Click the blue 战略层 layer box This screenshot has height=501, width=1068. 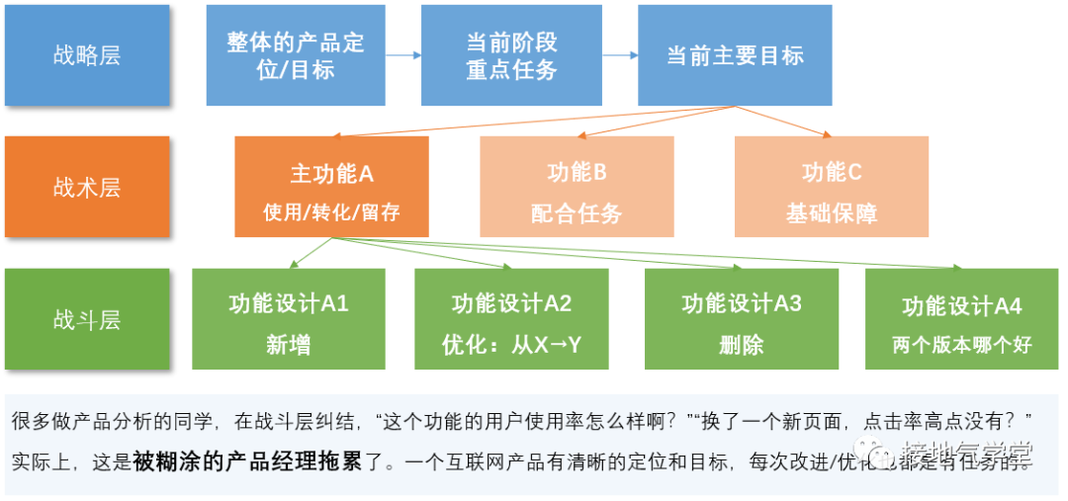point(87,55)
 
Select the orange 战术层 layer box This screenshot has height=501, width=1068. point(87,187)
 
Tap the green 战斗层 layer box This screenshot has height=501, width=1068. point(87,319)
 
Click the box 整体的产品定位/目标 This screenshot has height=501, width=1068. point(296,55)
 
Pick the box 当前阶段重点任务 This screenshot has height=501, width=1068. point(511,55)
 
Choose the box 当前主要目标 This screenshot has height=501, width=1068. point(735,55)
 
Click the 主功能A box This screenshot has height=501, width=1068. point(331,187)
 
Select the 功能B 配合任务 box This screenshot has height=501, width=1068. point(577,187)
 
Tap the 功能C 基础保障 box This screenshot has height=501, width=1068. point(832,187)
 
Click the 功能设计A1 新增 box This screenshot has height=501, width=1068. point(288,319)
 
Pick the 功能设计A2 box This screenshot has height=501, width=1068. point(511,319)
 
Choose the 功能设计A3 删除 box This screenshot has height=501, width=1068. point(741,319)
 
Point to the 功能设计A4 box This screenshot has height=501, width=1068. point(961,319)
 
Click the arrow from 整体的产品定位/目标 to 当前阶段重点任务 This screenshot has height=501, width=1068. point(402,55)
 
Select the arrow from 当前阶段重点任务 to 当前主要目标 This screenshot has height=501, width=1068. point(620,55)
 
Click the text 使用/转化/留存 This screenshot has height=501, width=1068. point(331,212)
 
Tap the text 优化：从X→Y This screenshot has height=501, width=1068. point(511,345)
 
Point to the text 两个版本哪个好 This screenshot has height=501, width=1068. point(961,345)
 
